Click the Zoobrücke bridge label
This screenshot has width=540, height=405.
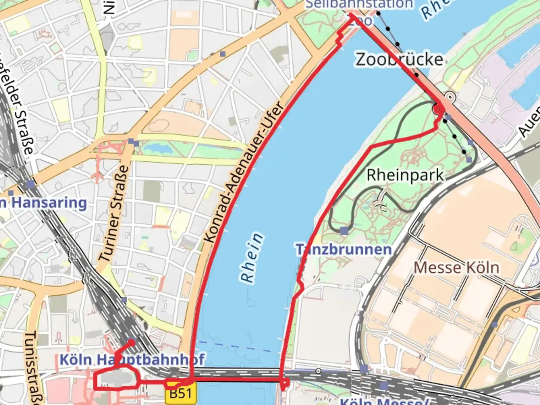(399, 60)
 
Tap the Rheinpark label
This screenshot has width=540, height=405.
(405, 175)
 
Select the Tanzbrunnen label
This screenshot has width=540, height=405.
(344, 249)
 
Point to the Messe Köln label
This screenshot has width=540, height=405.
(456, 268)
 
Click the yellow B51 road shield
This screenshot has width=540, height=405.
(180, 393)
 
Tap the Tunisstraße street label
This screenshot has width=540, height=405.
(32, 367)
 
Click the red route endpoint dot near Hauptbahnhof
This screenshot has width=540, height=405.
(131, 342)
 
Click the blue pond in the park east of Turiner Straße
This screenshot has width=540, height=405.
(157, 149)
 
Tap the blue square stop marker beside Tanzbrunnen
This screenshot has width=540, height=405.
(344, 230)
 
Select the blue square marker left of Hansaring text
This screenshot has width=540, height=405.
(31, 184)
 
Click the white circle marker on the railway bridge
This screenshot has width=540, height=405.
(318, 371)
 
